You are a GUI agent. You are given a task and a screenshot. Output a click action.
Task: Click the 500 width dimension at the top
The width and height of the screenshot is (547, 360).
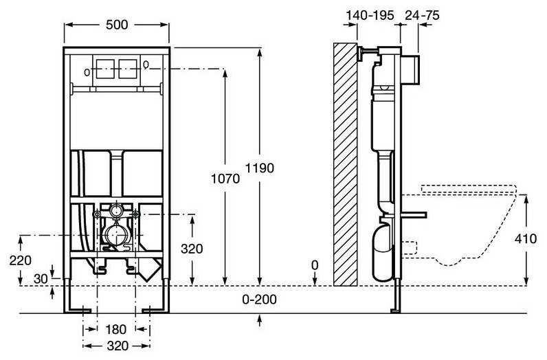(116, 24)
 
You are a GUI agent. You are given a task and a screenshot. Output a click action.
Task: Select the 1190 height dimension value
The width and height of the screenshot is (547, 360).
(259, 168)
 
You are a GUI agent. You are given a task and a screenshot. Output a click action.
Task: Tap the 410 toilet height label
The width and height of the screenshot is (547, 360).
(526, 240)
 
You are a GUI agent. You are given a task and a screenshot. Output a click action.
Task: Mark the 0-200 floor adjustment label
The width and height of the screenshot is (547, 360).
(259, 300)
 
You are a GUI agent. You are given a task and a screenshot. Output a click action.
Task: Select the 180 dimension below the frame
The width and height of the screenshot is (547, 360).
(116, 328)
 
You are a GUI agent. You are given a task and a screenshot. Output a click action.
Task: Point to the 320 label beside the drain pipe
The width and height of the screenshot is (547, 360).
(192, 249)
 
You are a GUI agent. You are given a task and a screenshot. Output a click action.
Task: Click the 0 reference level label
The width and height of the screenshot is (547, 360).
(315, 265)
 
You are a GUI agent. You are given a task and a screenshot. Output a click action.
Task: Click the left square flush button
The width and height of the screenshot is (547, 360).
(106, 69)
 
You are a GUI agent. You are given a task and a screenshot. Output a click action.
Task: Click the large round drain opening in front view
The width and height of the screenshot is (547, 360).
(114, 238)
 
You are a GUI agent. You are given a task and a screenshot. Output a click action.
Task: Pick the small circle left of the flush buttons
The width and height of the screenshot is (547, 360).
(87, 71)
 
